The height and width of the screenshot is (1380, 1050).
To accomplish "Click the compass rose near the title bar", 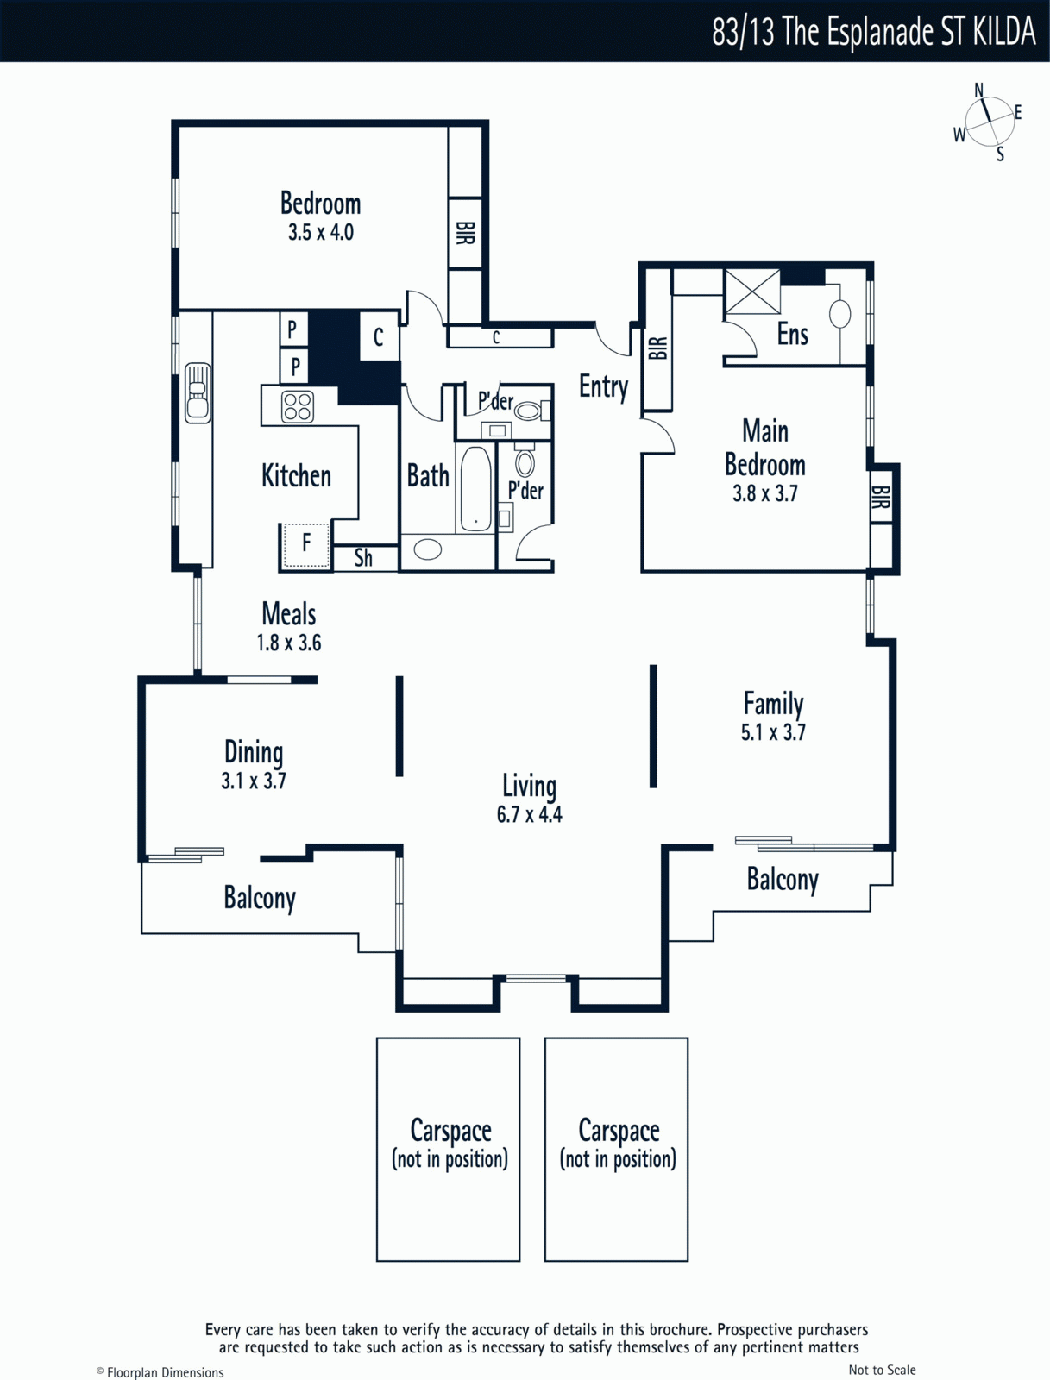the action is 990,122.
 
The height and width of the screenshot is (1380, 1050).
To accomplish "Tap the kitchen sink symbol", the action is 198,393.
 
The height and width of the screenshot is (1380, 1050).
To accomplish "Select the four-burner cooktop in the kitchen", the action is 298,406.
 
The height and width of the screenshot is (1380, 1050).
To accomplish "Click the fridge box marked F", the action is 305,544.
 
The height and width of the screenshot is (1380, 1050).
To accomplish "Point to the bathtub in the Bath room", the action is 475,488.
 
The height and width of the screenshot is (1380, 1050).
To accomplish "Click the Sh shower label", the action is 363,558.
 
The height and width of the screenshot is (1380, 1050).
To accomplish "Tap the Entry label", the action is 604,386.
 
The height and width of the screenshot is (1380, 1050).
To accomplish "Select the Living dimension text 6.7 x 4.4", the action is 530,814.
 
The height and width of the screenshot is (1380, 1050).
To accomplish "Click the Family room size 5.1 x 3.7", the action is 773,731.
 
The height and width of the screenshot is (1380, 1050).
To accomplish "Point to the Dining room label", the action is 254,752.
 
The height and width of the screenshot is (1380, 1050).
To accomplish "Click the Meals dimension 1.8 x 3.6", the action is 288,643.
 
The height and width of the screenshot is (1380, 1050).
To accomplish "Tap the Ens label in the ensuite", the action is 792,334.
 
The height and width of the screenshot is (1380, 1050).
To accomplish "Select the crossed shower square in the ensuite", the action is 752,291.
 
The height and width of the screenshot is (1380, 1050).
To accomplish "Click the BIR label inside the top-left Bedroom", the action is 465,233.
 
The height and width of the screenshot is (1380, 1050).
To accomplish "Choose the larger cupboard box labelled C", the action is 379,336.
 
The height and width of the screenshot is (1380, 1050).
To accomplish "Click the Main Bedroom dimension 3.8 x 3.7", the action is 764,493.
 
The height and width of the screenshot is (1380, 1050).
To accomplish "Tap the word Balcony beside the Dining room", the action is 260,898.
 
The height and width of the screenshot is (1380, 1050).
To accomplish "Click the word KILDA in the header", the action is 1003,31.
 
